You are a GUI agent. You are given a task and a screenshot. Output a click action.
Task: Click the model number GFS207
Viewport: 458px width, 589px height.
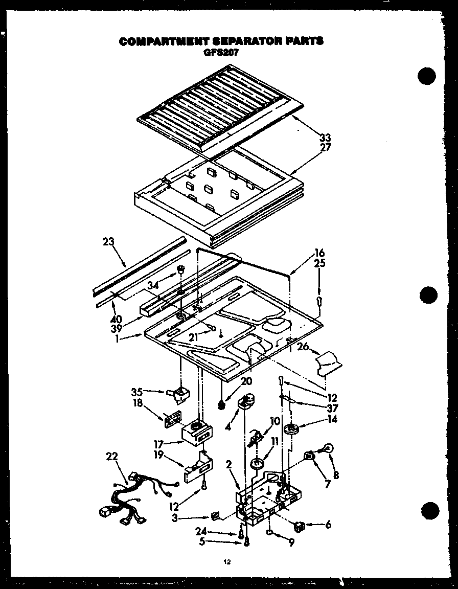pyautogui.click(x=221, y=51)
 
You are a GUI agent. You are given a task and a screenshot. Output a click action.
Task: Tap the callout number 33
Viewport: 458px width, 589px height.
pyautogui.click(x=325, y=137)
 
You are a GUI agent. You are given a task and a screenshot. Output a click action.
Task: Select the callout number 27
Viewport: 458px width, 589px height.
pyautogui.click(x=325, y=147)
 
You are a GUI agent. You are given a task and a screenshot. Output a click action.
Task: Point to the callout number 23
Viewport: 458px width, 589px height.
pyautogui.click(x=108, y=241)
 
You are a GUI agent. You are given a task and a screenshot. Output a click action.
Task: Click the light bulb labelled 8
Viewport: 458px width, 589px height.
pyautogui.click(x=328, y=449)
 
